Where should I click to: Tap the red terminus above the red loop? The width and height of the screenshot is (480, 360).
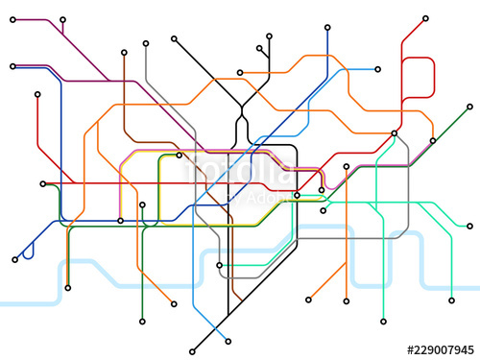pyautogui.click(x=425, y=17)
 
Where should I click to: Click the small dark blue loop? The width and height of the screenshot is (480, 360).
pyautogui.click(x=29, y=251)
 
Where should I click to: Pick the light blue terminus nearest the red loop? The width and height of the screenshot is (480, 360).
pyautogui.click(x=378, y=68)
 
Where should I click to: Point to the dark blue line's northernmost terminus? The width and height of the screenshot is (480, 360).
pyautogui.click(x=327, y=27)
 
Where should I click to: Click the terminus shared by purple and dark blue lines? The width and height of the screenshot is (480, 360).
pyautogui.click(x=12, y=66)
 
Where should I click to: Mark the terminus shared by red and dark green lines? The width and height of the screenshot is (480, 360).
pyautogui.click(x=42, y=183)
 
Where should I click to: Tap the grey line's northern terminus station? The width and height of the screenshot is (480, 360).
pyautogui.click(x=145, y=43)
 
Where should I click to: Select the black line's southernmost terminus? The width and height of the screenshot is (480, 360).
pyautogui.click(x=193, y=349)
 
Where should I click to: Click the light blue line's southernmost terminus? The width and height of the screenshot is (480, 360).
pyautogui.click(x=228, y=340)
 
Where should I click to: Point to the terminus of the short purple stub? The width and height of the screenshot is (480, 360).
pyautogui.click(x=63, y=19)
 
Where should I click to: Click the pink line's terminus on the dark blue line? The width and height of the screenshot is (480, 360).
pyautogui.click(x=120, y=221)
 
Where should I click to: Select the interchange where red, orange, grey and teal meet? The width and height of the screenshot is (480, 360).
pyautogui.click(x=395, y=132)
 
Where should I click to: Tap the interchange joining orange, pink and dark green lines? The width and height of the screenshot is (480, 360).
pyautogui.click(x=298, y=195)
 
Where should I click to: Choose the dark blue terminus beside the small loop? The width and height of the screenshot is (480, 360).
pyautogui.click(x=15, y=259)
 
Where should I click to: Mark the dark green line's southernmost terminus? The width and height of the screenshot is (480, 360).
pyautogui.click(x=142, y=323)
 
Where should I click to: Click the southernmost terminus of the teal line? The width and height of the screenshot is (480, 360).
pyautogui.click(x=383, y=322)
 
